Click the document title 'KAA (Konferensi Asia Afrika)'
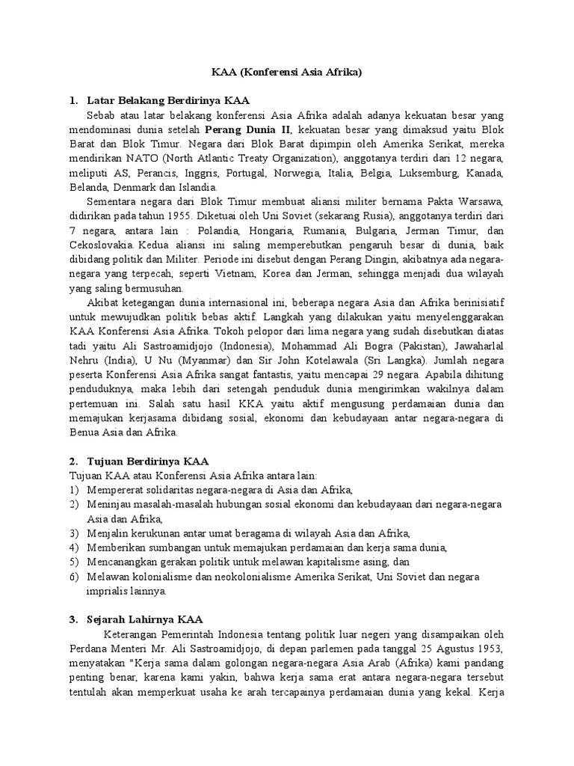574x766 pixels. [x=287, y=73]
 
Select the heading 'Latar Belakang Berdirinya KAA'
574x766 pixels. [x=168, y=100]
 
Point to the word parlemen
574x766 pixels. [x=354, y=648]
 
